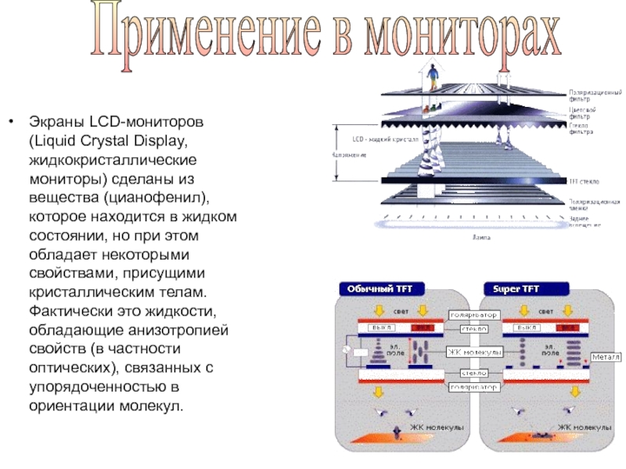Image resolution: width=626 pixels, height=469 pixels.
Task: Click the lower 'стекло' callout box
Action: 474,373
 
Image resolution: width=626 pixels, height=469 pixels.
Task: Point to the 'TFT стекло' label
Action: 584,181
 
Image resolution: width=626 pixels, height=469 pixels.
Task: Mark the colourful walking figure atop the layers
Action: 433,79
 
